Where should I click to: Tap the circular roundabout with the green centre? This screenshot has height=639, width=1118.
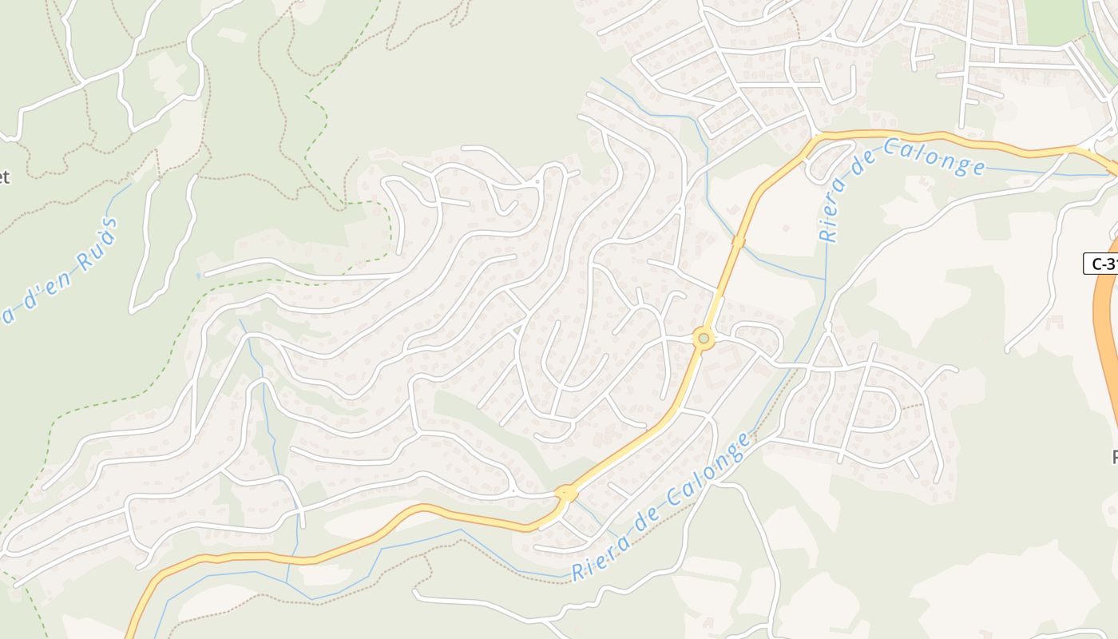tap(704, 339)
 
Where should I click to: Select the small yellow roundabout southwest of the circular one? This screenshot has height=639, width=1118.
tap(566, 493)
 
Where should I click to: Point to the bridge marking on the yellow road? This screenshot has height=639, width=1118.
tap(739, 240)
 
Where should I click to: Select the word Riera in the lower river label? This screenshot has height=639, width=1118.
tap(592, 564)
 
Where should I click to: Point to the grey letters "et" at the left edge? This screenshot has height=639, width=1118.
tap(4, 177)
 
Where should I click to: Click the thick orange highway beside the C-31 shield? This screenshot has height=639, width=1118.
tap(1106, 335)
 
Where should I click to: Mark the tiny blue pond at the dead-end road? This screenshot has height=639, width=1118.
tap(198, 276)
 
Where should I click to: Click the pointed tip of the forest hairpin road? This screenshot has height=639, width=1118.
tap(133, 308)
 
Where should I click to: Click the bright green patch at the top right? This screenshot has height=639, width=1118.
tap(1054, 20)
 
